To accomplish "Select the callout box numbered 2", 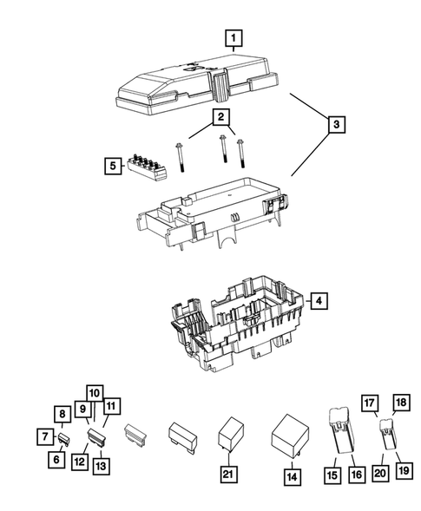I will [222, 116].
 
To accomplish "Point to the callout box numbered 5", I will [111, 164].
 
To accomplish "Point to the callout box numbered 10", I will [95, 392].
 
